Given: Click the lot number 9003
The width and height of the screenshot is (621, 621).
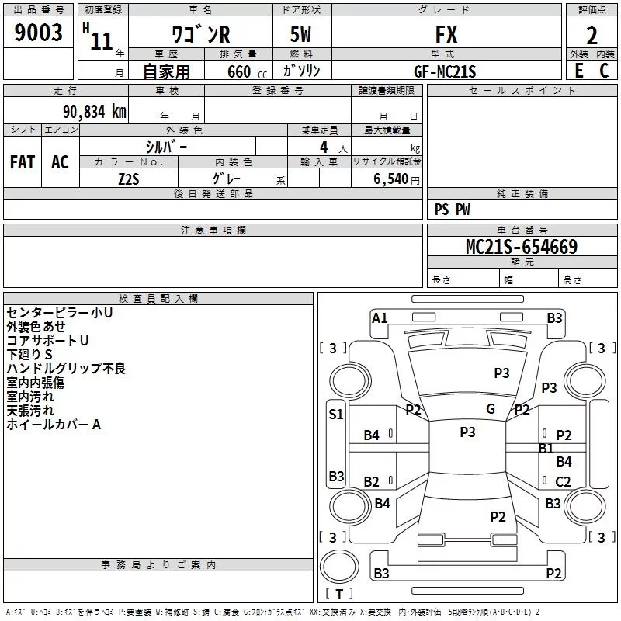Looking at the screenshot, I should (x=38, y=34).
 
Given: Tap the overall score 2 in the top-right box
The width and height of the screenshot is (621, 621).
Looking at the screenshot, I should (x=592, y=36).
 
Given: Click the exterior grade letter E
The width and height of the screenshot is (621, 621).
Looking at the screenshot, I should (x=579, y=70).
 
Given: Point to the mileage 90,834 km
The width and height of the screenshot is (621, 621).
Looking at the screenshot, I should (x=89, y=112).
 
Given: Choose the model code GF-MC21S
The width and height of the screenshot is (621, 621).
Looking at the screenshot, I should (x=445, y=71).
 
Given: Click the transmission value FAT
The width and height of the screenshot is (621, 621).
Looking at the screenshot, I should (x=23, y=162).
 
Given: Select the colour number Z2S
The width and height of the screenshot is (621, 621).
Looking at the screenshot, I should (x=129, y=178).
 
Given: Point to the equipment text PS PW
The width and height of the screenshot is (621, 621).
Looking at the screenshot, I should (x=452, y=210).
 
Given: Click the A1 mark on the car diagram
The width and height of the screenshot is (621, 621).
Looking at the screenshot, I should (x=380, y=317).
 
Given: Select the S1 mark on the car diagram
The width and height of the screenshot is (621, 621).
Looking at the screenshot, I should (x=335, y=415).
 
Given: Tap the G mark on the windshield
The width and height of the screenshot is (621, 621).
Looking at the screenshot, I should (x=491, y=409).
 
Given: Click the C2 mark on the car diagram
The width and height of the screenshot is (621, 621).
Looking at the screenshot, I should (x=563, y=482).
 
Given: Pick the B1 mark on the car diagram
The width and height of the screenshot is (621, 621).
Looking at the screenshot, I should (x=546, y=449).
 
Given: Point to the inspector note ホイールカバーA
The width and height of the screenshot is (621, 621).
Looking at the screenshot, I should (x=54, y=425).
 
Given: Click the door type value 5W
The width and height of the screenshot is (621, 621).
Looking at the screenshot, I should (x=302, y=35).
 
